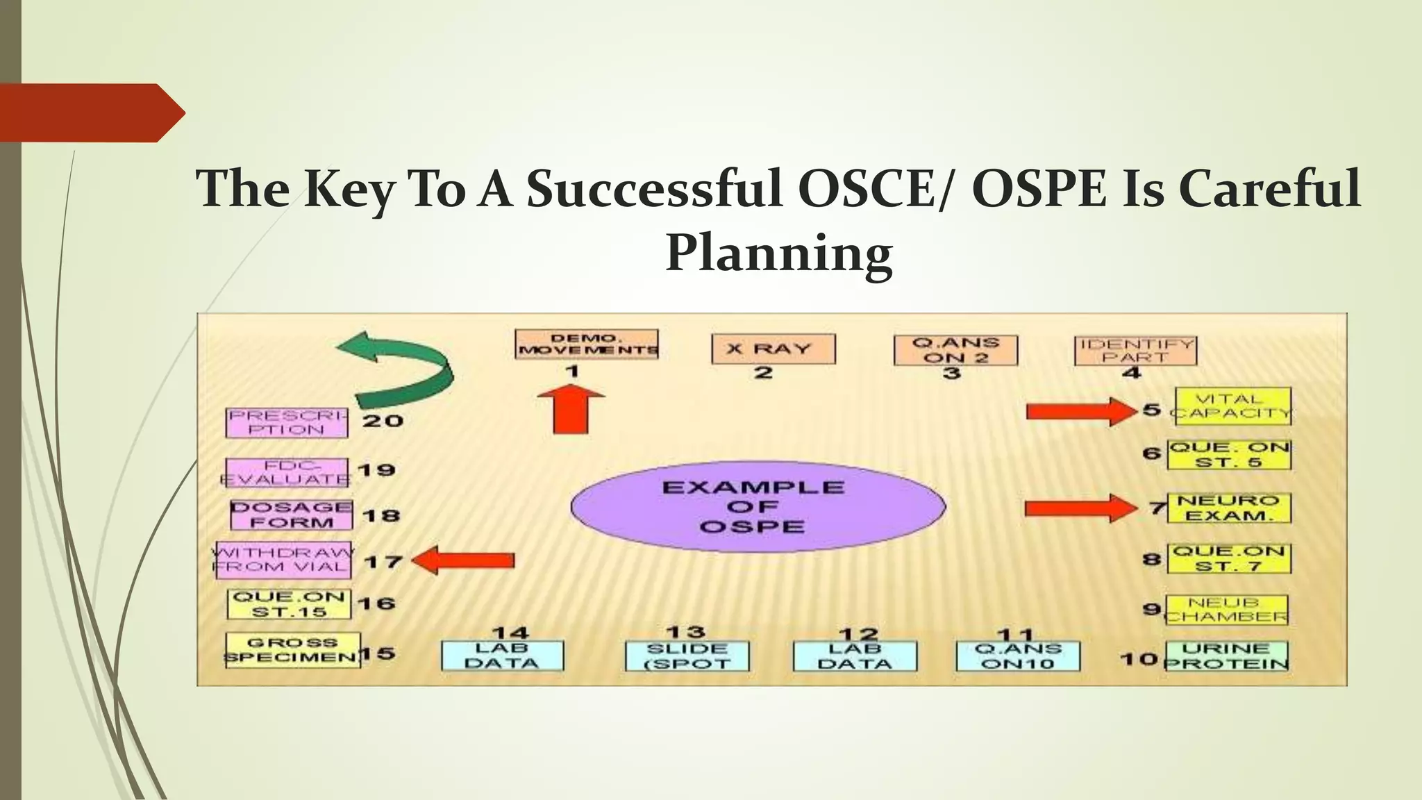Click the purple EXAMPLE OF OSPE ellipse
coord(758,506)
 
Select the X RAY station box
coord(773,349)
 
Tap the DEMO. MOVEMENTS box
coord(587,344)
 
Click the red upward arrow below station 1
coord(570,410)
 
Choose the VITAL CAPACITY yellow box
coord(1232,406)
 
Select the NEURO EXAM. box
coord(1228,508)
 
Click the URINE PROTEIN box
coord(1226,656)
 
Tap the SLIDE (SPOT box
coord(687,656)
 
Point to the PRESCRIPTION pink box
coord(287,422)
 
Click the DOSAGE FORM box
coord(291,515)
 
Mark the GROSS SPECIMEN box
coord(292,650)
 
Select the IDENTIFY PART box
coord(1135,351)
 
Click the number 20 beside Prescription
coord(383,420)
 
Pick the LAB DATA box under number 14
coord(502,656)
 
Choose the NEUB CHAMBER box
coord(1226,610)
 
